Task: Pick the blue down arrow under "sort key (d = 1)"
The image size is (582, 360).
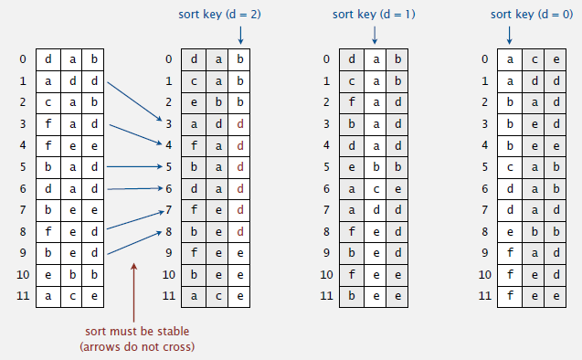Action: pos(374,34)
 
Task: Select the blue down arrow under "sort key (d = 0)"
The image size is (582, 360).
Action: pos(509,34)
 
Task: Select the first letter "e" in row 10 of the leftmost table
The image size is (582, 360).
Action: pos(48,273)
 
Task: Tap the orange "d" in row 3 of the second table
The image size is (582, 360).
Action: pos(239,123)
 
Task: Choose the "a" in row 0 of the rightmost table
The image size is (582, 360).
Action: pos(509,59)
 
